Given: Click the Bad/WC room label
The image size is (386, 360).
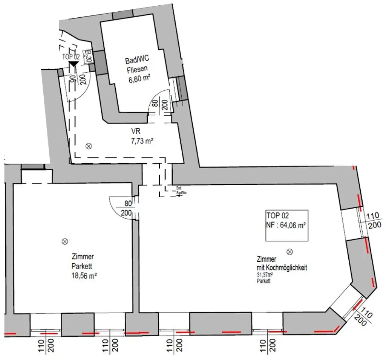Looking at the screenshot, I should tap(136, 61).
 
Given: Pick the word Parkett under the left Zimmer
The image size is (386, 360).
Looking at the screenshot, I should tap(83, 266).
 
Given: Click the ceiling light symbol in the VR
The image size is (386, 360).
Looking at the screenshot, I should tap(89, 146).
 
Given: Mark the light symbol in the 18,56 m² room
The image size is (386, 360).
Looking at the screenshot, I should tap(64, 241).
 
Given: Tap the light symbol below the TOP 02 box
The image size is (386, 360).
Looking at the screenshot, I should tap(289, 251).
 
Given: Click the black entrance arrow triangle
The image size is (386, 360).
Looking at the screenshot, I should tap(73, 65).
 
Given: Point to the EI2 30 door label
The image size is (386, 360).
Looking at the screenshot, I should tap(87, 56).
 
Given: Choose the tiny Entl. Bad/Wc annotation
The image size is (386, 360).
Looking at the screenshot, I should tap(181, 192).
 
